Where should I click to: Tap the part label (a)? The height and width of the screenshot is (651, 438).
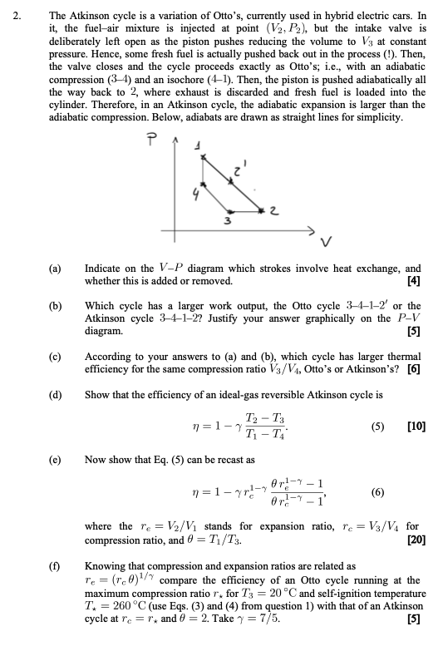point(56,269)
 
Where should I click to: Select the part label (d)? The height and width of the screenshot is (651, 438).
point(56,393)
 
